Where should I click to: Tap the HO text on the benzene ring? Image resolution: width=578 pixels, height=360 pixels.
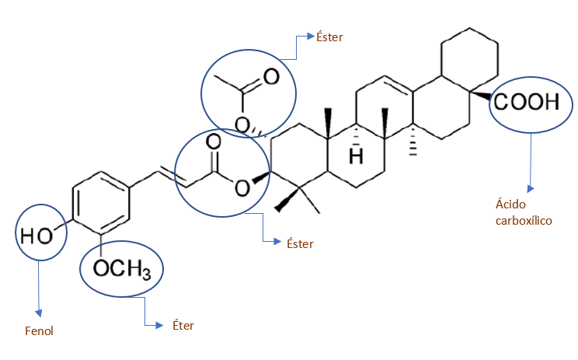click(x=37, y=234)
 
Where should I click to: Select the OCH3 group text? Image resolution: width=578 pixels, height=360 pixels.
click(x=122, y=269)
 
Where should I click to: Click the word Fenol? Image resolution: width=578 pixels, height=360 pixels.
click(x=38, y=330)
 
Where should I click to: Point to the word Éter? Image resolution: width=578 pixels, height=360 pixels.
click(x=183, y=325)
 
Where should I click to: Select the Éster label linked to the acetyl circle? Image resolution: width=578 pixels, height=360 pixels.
click(x=329, y=37)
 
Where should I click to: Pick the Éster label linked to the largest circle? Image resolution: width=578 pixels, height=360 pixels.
click(x=300, y=243)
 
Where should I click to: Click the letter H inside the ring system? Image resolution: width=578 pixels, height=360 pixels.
click(x=356, y=156)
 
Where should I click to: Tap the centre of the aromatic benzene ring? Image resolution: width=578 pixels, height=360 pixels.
click(x=100, y=208)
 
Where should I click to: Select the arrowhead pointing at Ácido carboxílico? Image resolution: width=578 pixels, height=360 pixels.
click(x=531, y=189)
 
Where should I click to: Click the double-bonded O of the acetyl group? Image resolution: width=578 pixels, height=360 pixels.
click(x=270, y=76)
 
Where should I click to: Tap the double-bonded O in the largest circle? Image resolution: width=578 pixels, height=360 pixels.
click(x=214, y=142)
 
